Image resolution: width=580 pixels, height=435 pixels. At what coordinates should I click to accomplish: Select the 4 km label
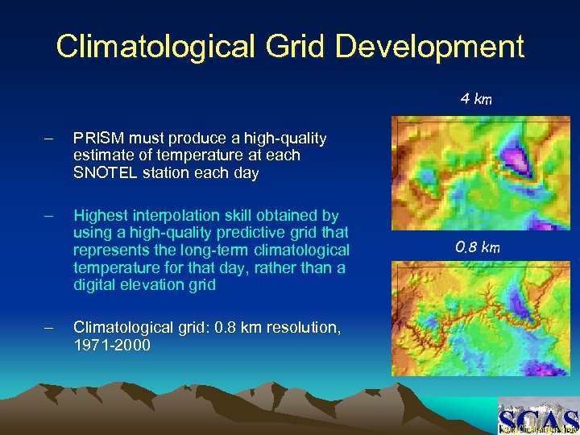tap(476, 99)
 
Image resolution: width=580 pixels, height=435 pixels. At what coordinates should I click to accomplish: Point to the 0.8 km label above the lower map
tap(478, 246)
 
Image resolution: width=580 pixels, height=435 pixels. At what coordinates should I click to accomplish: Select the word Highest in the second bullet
tap(102, 215)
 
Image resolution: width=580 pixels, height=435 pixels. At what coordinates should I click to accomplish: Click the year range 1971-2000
tap(110, 344)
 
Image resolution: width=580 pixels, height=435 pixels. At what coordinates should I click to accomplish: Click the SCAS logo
tap(537, 417)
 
